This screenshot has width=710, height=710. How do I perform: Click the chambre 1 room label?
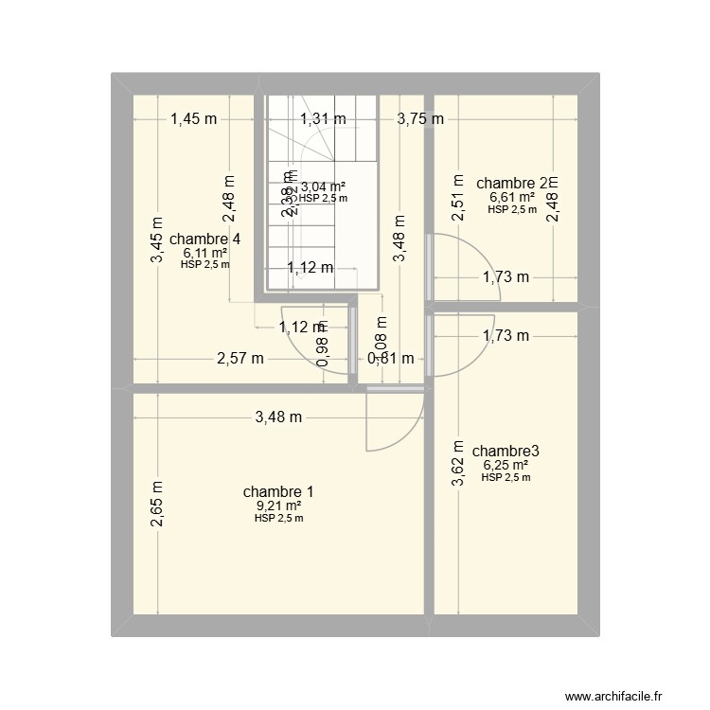tap(278, 492)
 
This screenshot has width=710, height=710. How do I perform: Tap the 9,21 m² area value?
tap(278, 506)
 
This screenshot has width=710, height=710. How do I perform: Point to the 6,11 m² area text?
tap(204, 253)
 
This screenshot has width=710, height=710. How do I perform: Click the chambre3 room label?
tap(506, 451)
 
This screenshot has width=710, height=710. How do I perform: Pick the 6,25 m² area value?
tap(506, 465)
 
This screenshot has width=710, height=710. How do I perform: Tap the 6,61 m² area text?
tap(512, 197)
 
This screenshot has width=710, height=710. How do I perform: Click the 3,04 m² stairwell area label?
tap(323, 186)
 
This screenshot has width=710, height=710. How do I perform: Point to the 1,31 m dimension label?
tap(323, 119)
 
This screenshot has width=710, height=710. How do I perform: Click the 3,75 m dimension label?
tap(420, 119)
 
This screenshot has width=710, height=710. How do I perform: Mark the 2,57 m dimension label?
tap(240, 358)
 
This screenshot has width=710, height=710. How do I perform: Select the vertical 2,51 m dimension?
tap(458, 198)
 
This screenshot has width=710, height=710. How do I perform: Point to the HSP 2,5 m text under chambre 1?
tap(278, 518)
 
